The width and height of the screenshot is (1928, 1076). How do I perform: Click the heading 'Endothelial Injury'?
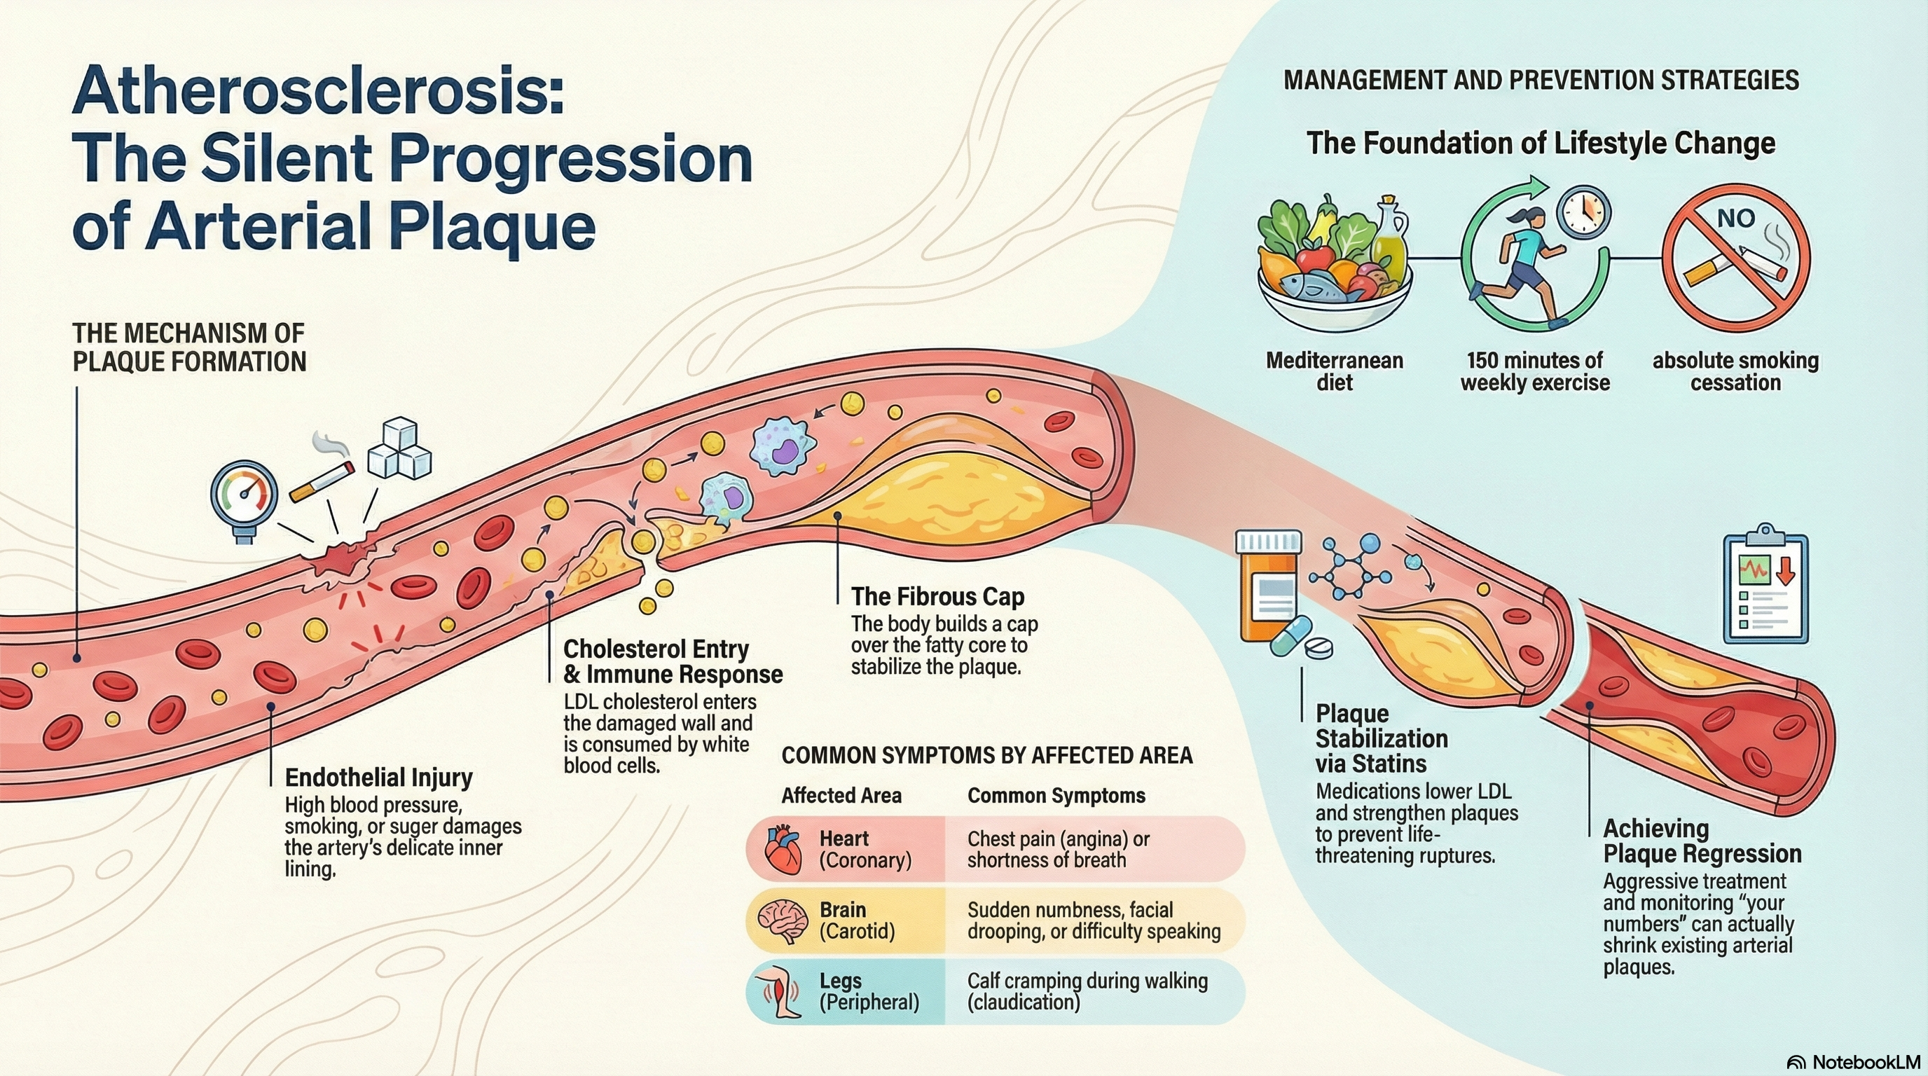(379, 778)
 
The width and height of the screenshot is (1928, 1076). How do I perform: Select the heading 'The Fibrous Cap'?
(938, 596)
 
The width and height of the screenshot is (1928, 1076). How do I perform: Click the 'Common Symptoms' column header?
(1056, 795)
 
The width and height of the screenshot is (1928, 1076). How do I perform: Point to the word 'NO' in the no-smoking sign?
(1735, 219)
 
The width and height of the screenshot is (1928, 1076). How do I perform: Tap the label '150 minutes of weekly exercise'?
(1535, 371)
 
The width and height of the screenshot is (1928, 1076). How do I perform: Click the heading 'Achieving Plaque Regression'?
(1702, 841)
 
